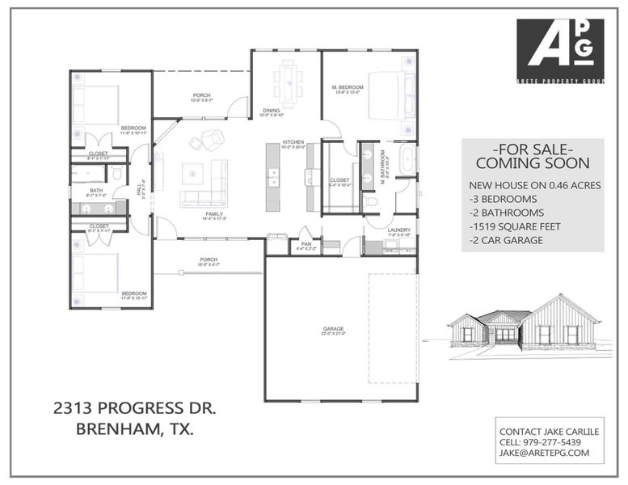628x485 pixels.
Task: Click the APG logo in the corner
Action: click(x=559, y=52)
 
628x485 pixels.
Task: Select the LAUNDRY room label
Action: click(x=398, y=230)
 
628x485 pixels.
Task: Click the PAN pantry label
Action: click(x=306, y=245)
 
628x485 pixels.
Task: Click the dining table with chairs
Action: click(x=289, y=79)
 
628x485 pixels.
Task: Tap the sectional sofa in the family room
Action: click(x=206, y=186)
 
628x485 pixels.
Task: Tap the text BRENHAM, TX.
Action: click(x=135, y=429)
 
